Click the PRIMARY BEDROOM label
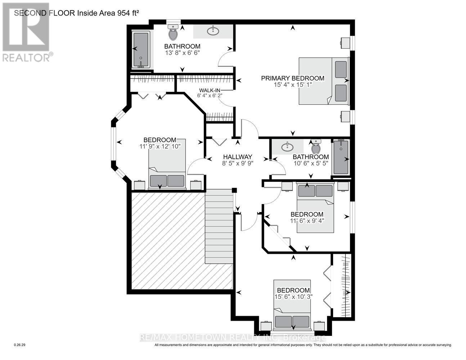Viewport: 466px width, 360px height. coord(292,78)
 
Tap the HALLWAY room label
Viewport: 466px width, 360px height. coord(238,157)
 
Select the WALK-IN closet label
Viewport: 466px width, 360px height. coord(210,90)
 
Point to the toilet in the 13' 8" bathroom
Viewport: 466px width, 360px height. coord(173,32)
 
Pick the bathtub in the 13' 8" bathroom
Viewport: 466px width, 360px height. coord(141,50)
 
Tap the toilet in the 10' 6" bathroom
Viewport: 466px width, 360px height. coord(316,146)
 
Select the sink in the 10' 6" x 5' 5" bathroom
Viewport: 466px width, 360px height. coord(287,147)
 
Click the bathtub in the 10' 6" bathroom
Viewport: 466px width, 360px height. coord(341,157)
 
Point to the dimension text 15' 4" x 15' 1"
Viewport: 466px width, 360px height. coord(293,85)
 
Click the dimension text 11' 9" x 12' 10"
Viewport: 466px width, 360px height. coord(160,147)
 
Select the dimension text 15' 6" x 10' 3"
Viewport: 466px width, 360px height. coord(294,297)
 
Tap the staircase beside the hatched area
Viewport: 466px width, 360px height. coord(219,226)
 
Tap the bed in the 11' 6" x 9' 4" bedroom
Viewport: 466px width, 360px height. coord(315,207)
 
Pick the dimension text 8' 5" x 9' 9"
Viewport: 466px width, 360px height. coord(238,163)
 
